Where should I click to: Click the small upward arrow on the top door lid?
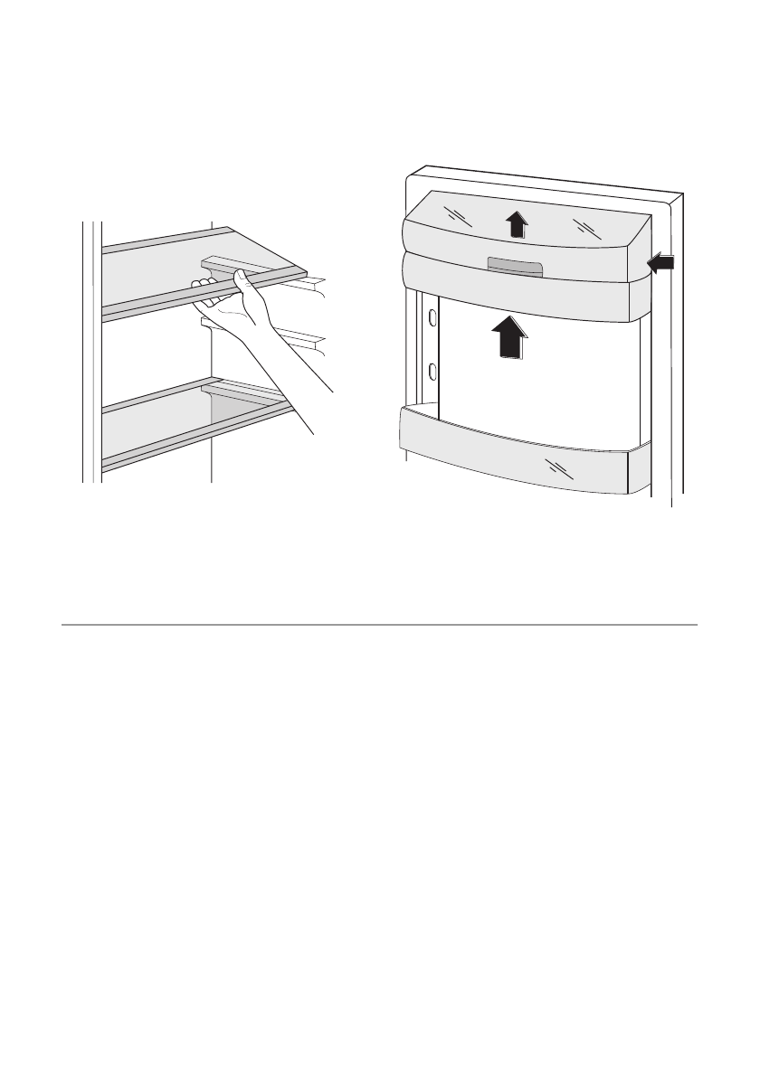click(x=515, y=222)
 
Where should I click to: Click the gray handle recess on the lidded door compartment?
click(x=514, y=266)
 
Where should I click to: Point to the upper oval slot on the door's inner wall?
click(x=432, y=317)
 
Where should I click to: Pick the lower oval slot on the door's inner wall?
click(x=432, y=371)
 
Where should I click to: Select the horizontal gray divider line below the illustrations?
click(x=380, y=624)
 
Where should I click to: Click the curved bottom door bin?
click(x=516, y=457)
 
